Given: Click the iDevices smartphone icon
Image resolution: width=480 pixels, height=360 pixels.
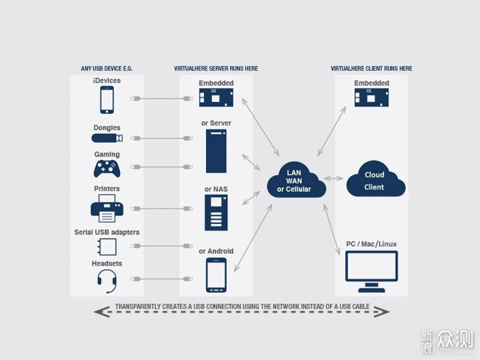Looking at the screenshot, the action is point(107,100).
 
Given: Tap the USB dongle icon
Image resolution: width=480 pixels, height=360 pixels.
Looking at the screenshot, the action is point(107,138).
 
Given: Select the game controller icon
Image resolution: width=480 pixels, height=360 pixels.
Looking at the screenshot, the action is point(107,169).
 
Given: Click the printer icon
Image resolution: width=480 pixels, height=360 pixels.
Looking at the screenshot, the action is point(107,208).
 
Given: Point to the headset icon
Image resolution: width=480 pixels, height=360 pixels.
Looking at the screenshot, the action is point(107,281).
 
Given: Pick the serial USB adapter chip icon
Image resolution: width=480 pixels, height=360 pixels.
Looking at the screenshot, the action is point(107,247).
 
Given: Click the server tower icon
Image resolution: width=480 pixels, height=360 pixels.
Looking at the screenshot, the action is point(216,151).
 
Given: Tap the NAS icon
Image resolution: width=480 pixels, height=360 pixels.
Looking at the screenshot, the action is point(216,213).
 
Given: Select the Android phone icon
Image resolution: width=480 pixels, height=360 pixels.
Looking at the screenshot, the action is point(216,275).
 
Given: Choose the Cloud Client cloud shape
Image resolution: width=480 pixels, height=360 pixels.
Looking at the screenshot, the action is point(375,179).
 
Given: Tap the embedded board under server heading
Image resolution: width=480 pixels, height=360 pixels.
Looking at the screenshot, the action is point(216,97).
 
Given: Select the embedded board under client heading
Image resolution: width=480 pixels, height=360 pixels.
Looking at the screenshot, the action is point(371,97).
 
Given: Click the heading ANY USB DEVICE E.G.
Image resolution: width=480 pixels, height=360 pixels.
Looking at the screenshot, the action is point(107,69).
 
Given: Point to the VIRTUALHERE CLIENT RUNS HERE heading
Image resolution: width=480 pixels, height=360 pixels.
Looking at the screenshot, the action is point(371,69).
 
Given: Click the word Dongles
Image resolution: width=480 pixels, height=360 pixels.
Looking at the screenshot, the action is point(107,127).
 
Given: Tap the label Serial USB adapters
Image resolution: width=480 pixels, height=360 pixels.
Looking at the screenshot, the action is point(107,233).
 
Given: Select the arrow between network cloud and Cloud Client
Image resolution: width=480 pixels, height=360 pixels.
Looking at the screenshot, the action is point(334,179).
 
